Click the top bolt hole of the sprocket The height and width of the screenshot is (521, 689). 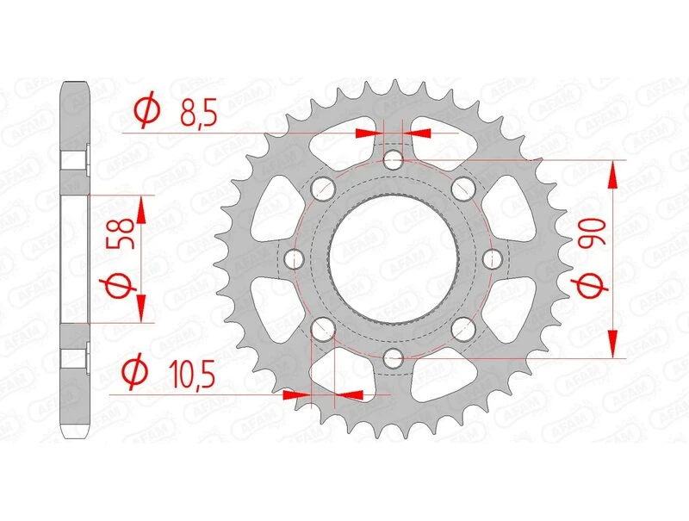click(394, 159)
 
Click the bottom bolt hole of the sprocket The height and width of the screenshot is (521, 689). click(394, 357)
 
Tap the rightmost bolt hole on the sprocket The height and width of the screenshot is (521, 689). click(494, 258)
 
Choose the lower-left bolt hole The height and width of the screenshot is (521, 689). click(323, 328)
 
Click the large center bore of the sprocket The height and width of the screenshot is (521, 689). click(394, 258)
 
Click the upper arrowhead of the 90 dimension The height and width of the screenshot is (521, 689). click(613, 172)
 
